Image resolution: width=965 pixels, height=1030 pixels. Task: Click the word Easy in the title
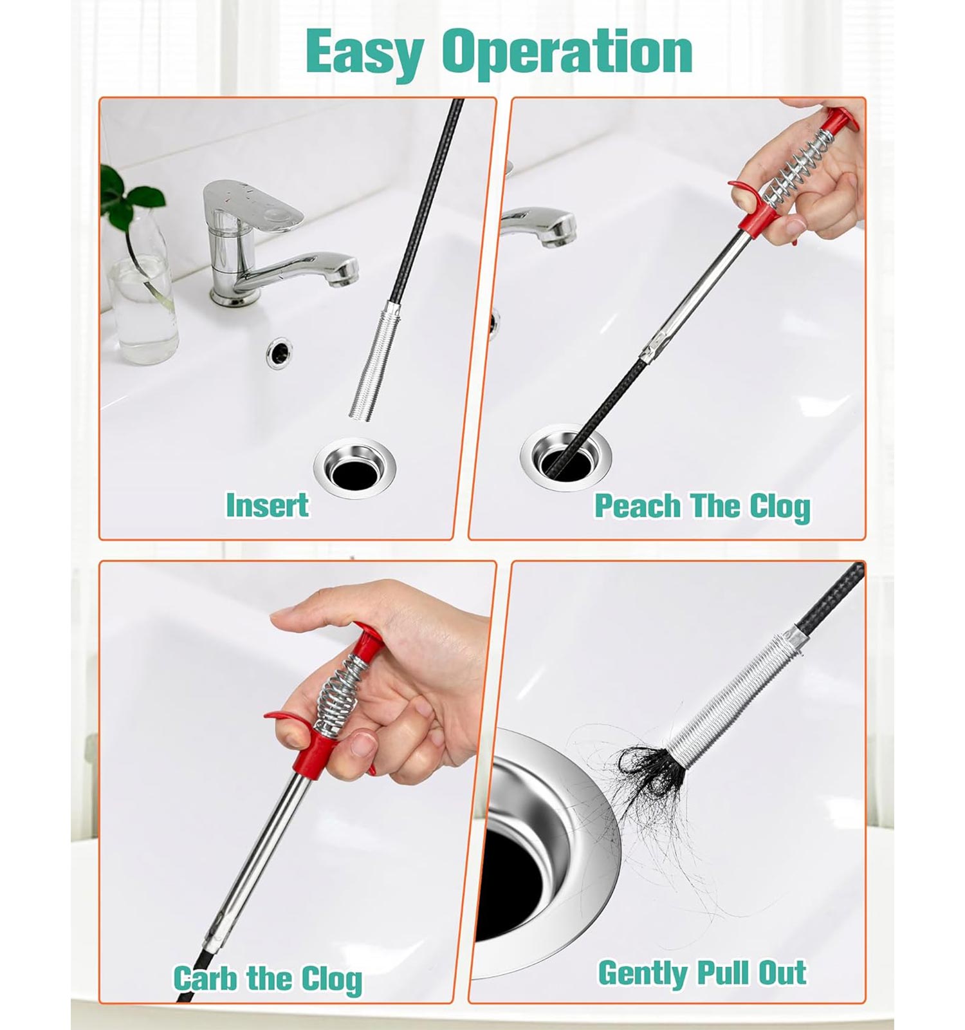pos(364,52)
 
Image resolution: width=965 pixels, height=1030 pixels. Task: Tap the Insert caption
pos(267,505)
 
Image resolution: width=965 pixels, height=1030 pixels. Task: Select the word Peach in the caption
pos(637,506)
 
